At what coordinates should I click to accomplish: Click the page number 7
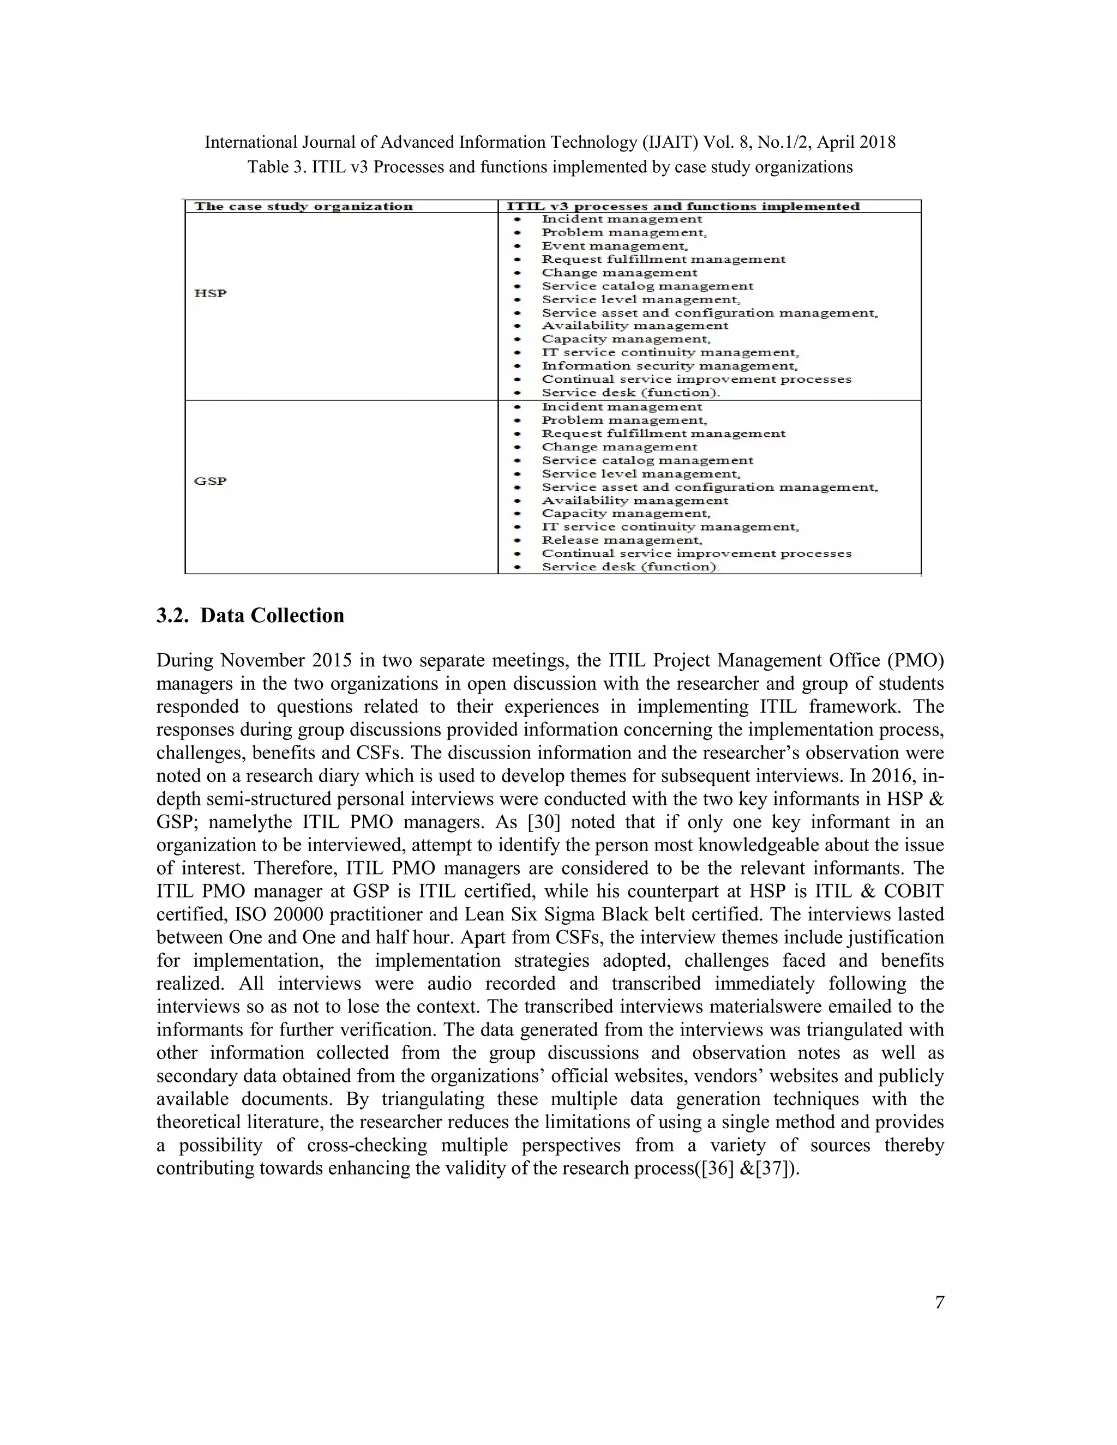pyautogui.click(x=939, y=1303)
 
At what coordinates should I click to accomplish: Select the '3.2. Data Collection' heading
pyautogui.click(x=250, y=615)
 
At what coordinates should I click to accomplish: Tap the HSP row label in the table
pyautogui.click(x=211, y=293)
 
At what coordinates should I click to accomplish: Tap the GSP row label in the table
pyautogui.click(x=211, y=481)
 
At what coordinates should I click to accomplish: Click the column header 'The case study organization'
pyautogui.click(x=304, y=207)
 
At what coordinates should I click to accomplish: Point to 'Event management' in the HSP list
pyautogui.click(x=614, y=246)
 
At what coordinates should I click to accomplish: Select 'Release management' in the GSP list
pyautogui.click(x=621, y=540)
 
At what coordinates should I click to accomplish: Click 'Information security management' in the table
pyautogui.click(x=669, y=366)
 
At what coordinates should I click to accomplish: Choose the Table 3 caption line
pyautogui.click(x=550, y=167)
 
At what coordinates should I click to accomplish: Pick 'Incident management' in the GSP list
pyautogui.click(x=621, y=407)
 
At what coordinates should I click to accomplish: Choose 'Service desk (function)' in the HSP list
pyautogui.click(x=630, y=393)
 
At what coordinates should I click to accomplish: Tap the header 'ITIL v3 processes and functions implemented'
pyautogui.click(x=682, y=207)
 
